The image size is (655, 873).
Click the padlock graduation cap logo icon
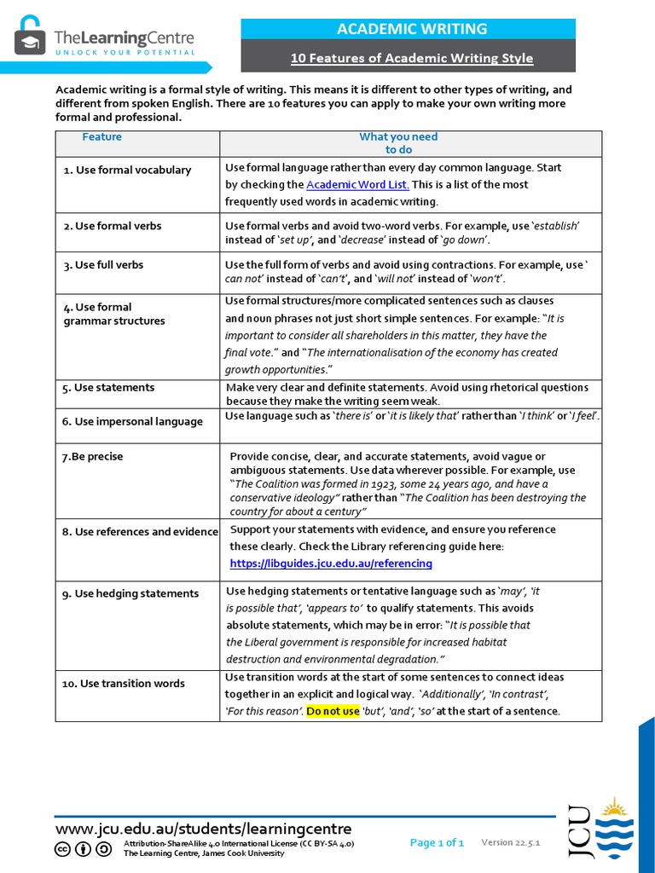[x=30, y=36]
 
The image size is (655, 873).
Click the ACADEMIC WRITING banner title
[x=412, y=29]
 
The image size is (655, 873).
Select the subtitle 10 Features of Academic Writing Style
[x=412, y=58]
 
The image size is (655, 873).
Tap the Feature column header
[x=102, y=136]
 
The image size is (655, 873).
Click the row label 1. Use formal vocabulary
[x=127, y=170]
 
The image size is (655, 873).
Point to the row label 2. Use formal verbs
[x=112, y=226]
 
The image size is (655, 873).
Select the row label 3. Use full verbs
[x=103, y=265]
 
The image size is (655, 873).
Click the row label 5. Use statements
[x=108, y=387]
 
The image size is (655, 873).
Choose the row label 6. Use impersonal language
[x=132, y=421]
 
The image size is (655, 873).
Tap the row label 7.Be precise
[x=92, y=456]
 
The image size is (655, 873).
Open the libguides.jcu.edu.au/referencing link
[x=331, y=564]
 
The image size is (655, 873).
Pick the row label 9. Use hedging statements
[x=130, y=593]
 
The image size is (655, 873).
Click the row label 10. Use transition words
[x=123, y=683]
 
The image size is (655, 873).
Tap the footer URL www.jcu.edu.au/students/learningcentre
[x=203, y=829]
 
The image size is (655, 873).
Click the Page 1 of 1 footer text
[x=437, y=843]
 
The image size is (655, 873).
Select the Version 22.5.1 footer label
[x=511, y=842]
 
